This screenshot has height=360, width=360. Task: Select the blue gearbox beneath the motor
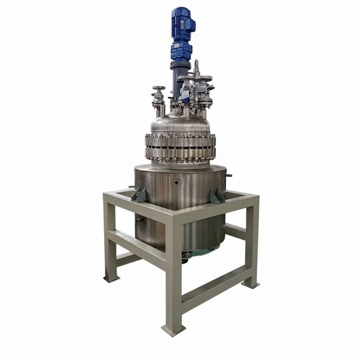(x=181, y=51)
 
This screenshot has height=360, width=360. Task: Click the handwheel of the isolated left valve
(x=158, y=88)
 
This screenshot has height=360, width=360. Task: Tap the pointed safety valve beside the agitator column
(x=196, y=67)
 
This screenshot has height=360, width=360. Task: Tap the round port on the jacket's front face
(x=178, y=181)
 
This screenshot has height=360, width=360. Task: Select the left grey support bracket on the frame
(x=139, y=194)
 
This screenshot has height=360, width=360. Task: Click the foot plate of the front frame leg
(x=174, y=330)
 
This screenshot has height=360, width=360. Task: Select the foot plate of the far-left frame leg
(x=111, y=278)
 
